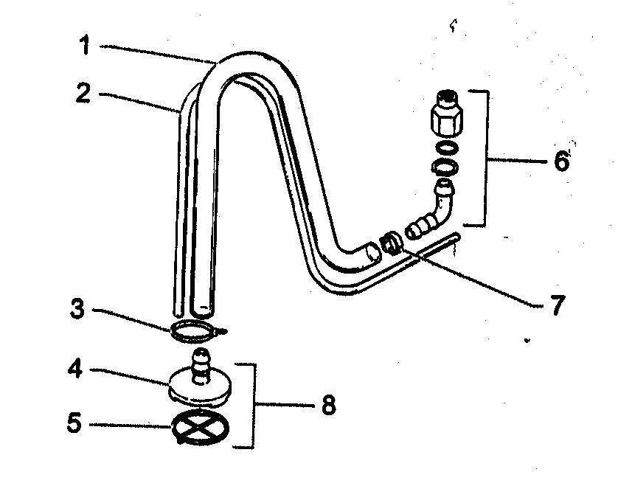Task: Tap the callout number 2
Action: [x=83, y=94]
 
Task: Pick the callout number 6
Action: [x=562, y=160]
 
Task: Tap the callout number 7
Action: [x=556, y=302]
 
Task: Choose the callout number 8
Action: [x=327, y=404]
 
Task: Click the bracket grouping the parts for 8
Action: [x=254, y=405]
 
